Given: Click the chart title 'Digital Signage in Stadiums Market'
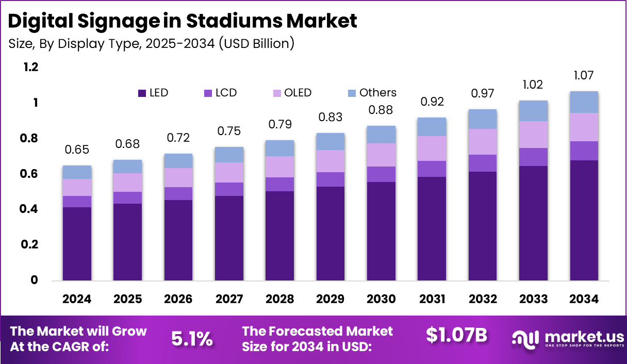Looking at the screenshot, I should [183, 21].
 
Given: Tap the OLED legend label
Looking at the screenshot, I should [298, 93].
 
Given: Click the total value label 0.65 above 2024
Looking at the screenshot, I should [77, 150].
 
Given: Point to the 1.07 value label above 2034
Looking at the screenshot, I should [584, 76].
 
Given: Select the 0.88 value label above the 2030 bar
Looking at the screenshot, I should [381, 110].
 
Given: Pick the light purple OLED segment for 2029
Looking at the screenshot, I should [330, 161].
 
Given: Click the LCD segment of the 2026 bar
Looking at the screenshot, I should [178, 193].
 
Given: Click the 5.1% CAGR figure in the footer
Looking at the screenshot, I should [192, 339].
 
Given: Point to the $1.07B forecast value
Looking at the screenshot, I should [456, 335].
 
